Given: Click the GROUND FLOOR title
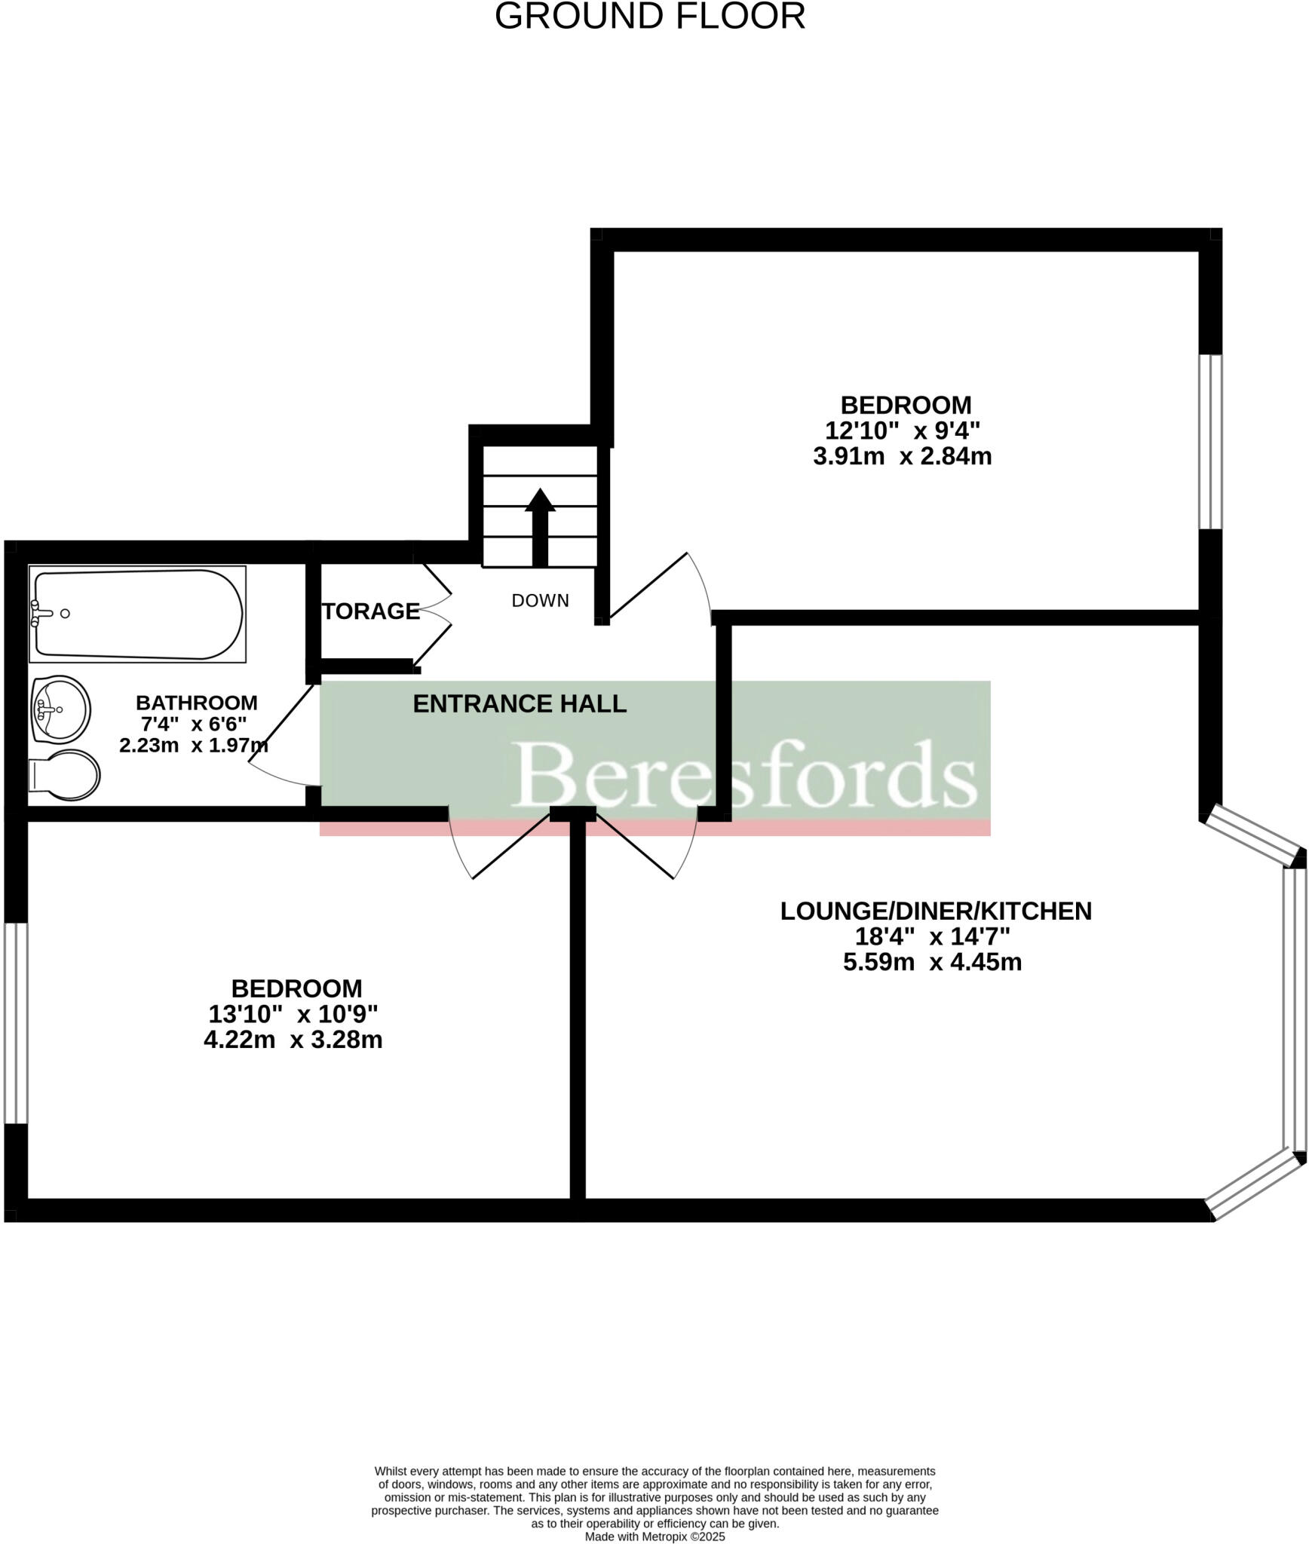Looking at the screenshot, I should click(649, 17).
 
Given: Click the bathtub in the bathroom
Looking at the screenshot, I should click(137, 614).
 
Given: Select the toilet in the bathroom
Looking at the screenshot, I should click(66, 774).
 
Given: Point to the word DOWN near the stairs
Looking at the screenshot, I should click(540, 601).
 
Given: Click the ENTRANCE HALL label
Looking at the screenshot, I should click(520, 703).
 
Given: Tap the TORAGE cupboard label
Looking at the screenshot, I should click(370, 611).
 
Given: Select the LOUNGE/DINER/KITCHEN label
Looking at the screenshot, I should click(935, 911).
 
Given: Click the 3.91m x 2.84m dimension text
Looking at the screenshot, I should click(902, 456).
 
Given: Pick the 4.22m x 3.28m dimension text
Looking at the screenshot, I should click(293, 1040).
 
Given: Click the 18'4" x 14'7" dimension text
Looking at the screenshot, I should click(932, 936).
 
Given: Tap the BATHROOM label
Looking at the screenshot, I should click(196, 703).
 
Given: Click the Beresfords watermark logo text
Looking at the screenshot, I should click(745, 774).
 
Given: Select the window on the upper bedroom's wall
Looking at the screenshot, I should click(1209, 442).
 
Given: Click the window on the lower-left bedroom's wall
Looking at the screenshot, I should click(15, 1023).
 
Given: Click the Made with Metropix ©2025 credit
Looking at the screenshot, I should click(654, 1536).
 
